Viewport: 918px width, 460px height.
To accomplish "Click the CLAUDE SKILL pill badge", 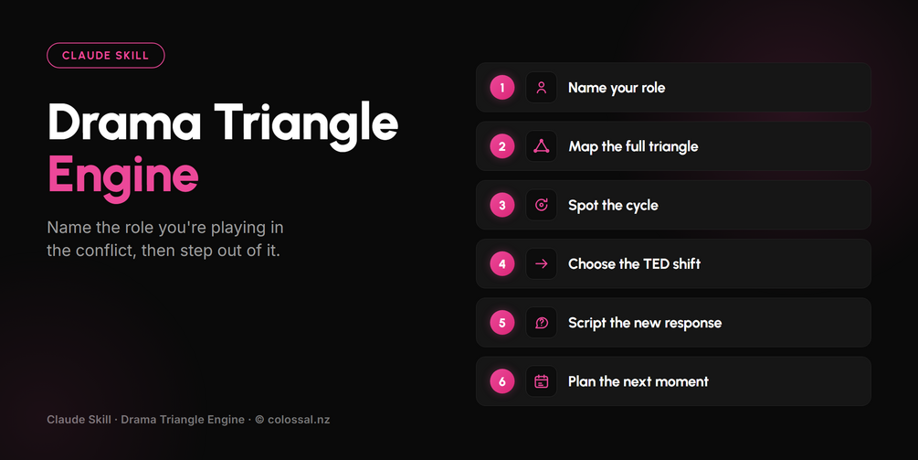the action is pyautogui.click(x=105, y=56).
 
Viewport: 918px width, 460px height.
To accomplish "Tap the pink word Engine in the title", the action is pyautogui.click(x=123, y=176).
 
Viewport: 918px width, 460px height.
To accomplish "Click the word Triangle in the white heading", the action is pyautogui.click(x=306, y=123).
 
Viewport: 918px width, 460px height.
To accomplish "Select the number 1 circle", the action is pyautogui.click(x=502, y=88).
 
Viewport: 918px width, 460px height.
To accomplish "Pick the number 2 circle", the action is pyautogui.click(x=502, y=146).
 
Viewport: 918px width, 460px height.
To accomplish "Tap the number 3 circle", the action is pyautogui.click(x=502, y=205).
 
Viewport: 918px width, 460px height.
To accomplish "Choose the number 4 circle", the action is pyautogui.click(x=502, y=263).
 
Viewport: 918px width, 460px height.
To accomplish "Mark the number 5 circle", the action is pyautogui.click(x=502, y=323).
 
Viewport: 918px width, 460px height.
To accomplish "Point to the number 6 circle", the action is pyautogui.click(x=502, y=381).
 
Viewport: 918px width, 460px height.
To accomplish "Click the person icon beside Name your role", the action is pyautogui.click(x=542, y=88).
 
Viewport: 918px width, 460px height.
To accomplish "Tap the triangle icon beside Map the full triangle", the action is pyautogui.click(x=542, y=146).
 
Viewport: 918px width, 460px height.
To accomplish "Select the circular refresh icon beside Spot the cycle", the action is pyautogui.click(x=542, y=205).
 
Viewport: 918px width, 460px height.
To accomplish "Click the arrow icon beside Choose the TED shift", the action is pyautogui.click(x=542, y=263).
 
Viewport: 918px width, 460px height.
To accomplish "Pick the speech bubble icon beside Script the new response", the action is pyautogui.click(x=542, y=323).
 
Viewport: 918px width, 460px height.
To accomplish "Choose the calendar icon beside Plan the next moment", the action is pyautogui.click(x=542, y=381).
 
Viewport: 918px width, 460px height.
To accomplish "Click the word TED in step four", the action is pyautogui.click(x=651, y=263).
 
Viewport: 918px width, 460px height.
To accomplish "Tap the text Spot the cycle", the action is pyautogui.click(x=613, y=206).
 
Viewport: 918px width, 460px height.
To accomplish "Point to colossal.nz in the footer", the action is pyautogui.click(x=299, y=420).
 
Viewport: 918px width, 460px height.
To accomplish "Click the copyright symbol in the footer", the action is pyautogui.click(x=259, y=420).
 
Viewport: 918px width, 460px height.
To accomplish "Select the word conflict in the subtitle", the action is pyautogui.click(x=104, y=251).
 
